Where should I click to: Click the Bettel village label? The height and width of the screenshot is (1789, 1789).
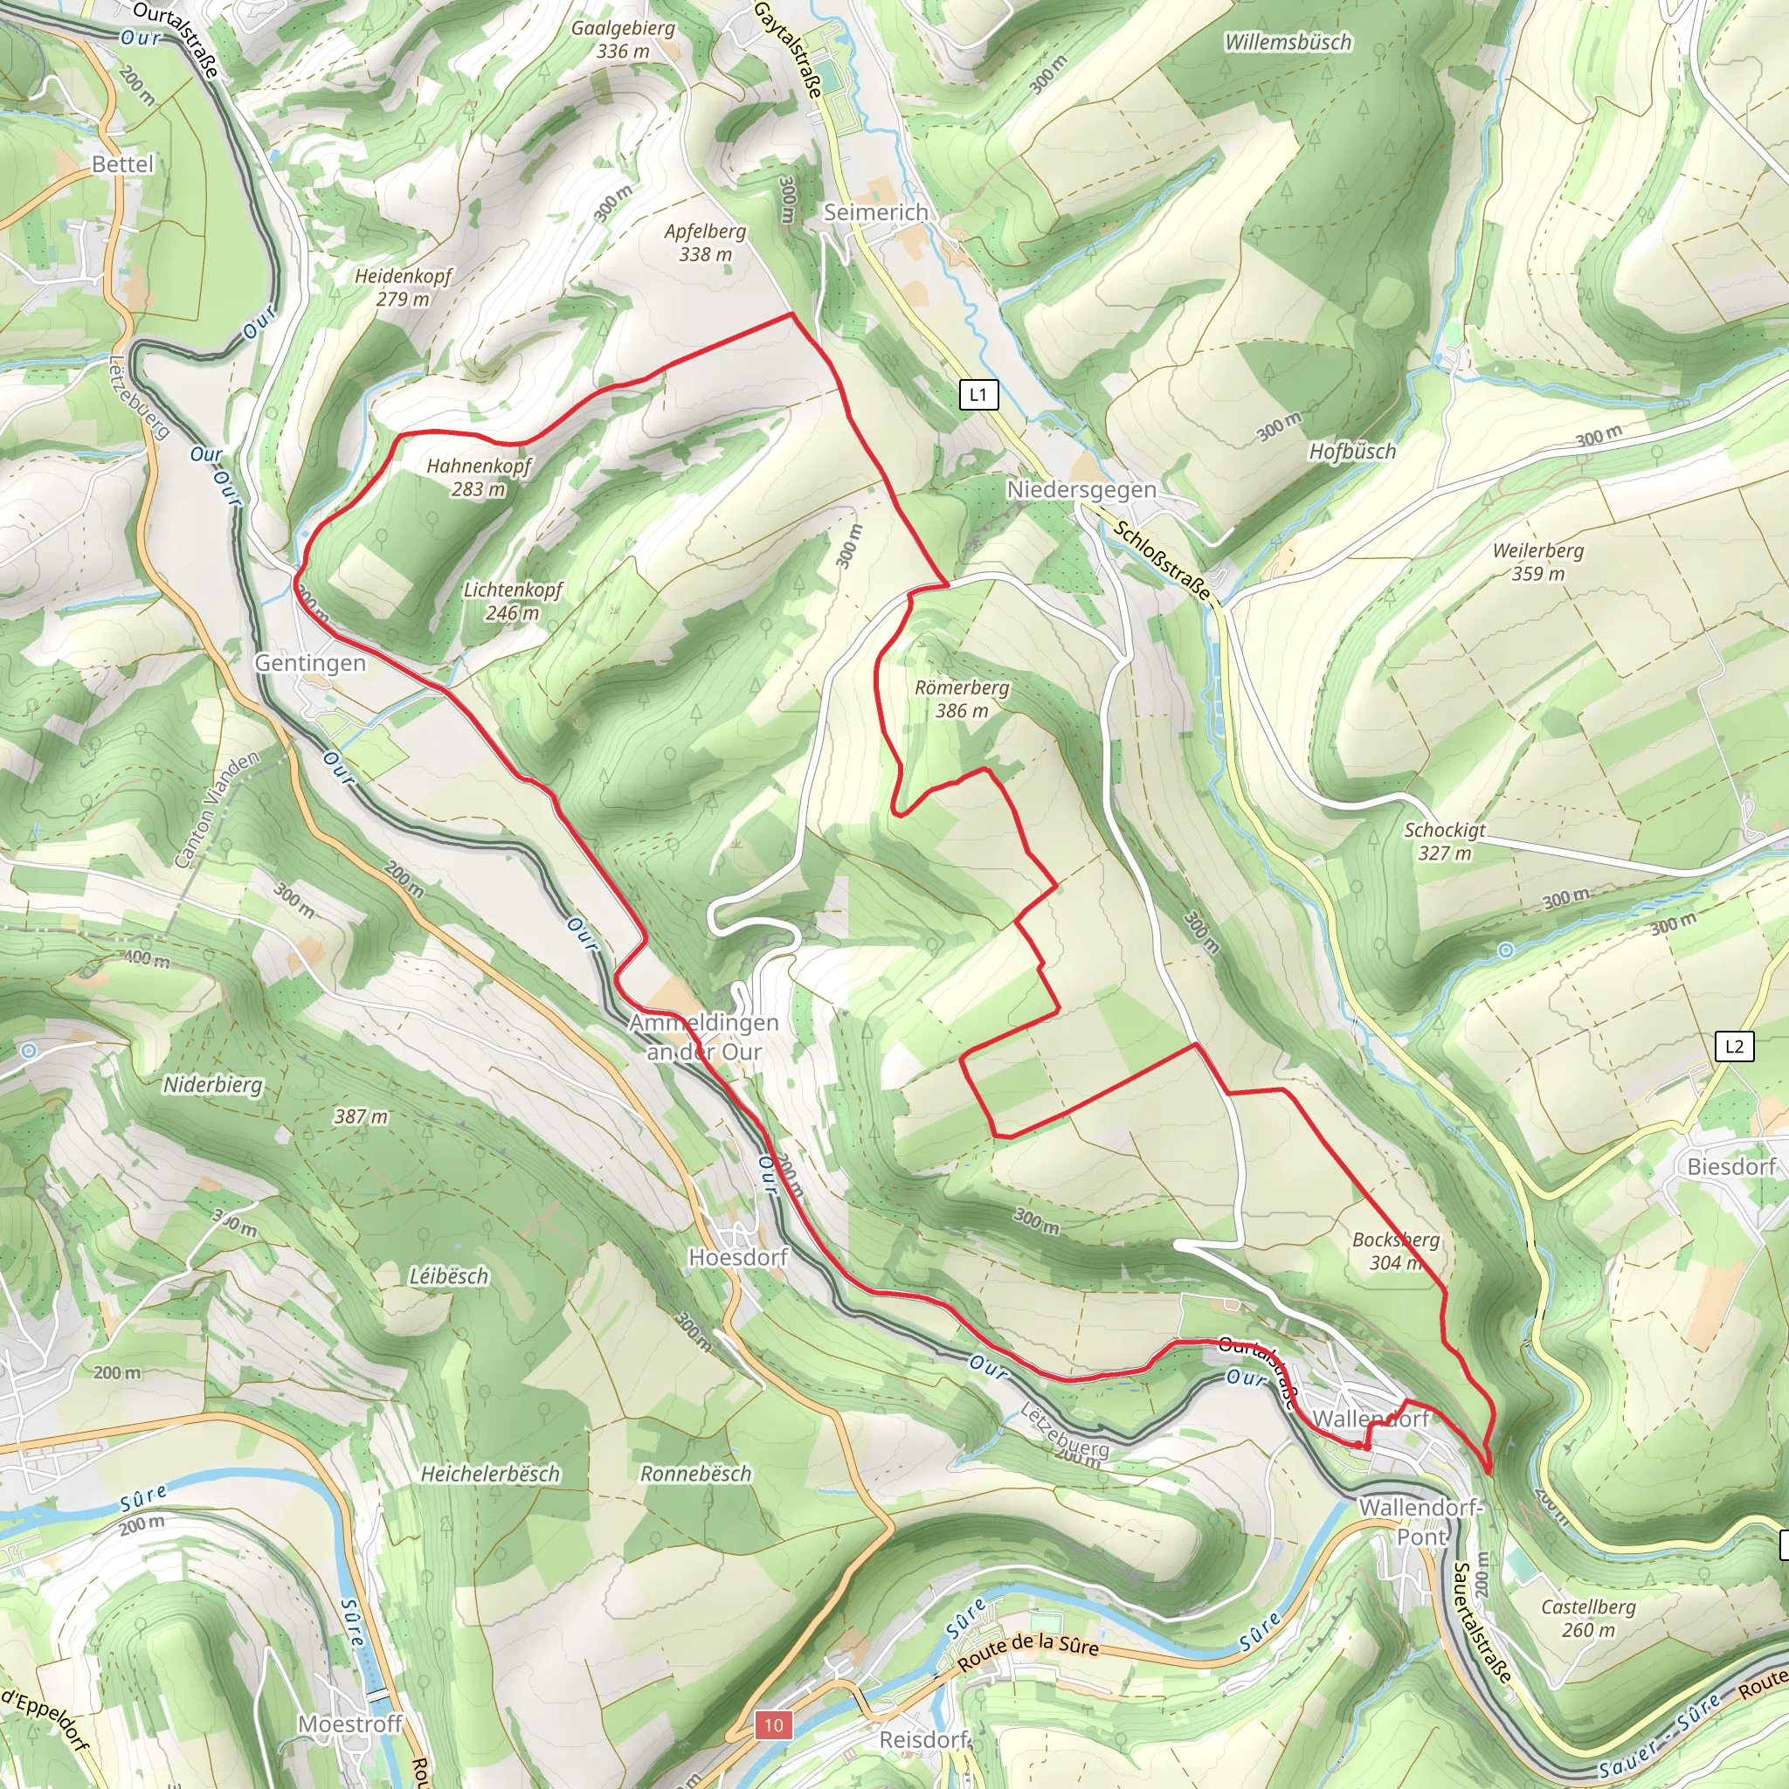point(122,164)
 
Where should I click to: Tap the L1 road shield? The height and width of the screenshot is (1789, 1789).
point(977,396)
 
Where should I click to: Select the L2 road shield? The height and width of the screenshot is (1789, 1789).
point(1733,1046)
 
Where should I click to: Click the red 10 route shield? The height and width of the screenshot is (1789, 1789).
point(773,1725)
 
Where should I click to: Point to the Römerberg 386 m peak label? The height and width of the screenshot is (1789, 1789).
point(961,699)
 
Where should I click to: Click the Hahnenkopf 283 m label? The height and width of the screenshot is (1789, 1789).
point(479,477)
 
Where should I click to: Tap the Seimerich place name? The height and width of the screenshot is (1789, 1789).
point(876,212)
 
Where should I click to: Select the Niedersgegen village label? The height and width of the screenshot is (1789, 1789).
point(1081,489)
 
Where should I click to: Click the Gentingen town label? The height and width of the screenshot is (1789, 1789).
point(310,663)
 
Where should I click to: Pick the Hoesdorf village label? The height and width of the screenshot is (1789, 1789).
point(738,1256)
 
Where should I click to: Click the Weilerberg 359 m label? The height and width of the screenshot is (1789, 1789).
point(1538,561)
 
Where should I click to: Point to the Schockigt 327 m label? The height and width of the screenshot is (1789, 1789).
point(1445,841)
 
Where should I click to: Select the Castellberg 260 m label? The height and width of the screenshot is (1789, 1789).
point(1588,1618)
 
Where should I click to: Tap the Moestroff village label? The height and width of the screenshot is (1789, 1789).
point(350,1723)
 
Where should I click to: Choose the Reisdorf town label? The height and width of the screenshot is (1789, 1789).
point(923,1739)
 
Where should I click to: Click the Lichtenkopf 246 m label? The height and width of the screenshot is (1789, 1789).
point(513,600)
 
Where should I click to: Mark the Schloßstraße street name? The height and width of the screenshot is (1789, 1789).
point(1162,560)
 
